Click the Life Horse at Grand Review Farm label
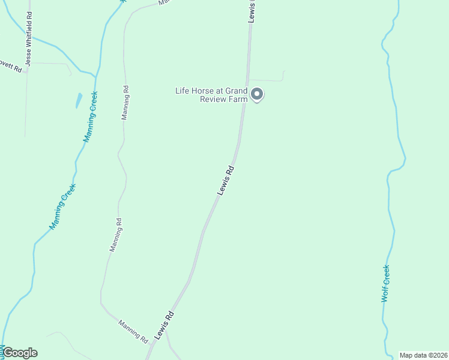[x=211, y=95]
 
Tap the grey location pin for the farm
[x=257, y=94]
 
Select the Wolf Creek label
[x=386, y=283]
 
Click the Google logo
[x=20, y=353]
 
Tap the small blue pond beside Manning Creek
[x=79, y=100]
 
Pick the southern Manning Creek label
[x=62, y=207]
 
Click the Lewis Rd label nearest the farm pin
[x=226, y=180]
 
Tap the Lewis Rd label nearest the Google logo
[x=164, y=326]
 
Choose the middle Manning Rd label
[x=116, y=234]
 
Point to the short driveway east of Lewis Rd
[x=267, y=79]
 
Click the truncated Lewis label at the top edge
[x=253, y=11]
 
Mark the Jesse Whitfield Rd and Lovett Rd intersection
[x=27, y=62]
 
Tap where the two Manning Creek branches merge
[x=95, y=75]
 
